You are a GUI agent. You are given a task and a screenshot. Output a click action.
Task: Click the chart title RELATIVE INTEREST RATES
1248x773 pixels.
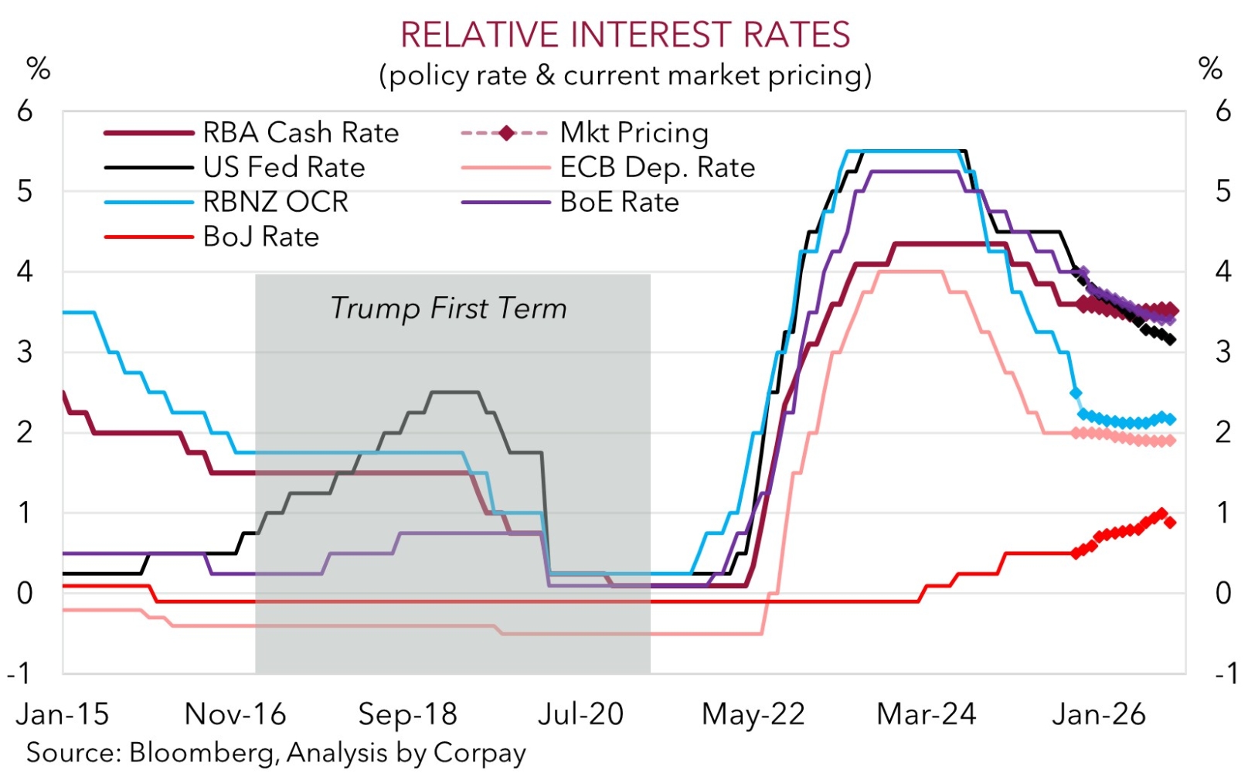[624, 35]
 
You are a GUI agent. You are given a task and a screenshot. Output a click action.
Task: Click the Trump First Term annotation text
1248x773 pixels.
[448, 308]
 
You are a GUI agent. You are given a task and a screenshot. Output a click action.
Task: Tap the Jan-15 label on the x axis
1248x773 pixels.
[63, 714]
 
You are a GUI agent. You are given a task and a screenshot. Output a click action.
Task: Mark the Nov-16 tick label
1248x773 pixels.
[235, 714]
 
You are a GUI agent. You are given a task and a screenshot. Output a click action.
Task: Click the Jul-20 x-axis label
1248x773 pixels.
[580, 714]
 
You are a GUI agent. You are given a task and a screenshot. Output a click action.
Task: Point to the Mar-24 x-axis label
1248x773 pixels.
[926, 714]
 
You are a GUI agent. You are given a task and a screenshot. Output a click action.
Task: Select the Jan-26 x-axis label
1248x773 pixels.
[1098, 714]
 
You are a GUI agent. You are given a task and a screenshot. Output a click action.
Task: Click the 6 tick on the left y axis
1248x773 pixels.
[25, 111]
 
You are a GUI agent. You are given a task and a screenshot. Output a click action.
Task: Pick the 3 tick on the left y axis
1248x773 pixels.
[25, 352]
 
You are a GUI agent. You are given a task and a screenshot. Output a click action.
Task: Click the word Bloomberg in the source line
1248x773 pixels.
[203, 753]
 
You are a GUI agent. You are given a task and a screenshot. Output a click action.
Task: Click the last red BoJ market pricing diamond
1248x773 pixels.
[1170, 523]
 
